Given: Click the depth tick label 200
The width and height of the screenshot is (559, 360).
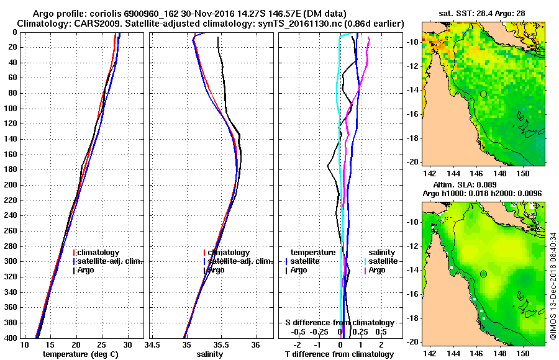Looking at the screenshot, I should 11,185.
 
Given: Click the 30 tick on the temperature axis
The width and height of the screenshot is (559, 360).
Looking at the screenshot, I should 127,344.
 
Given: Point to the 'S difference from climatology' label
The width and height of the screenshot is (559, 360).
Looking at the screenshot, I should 340,323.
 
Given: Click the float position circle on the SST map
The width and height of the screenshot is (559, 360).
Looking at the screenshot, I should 483,94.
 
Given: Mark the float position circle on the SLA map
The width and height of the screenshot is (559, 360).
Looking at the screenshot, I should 483,274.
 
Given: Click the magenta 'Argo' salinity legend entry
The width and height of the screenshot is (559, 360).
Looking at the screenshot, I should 376,270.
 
